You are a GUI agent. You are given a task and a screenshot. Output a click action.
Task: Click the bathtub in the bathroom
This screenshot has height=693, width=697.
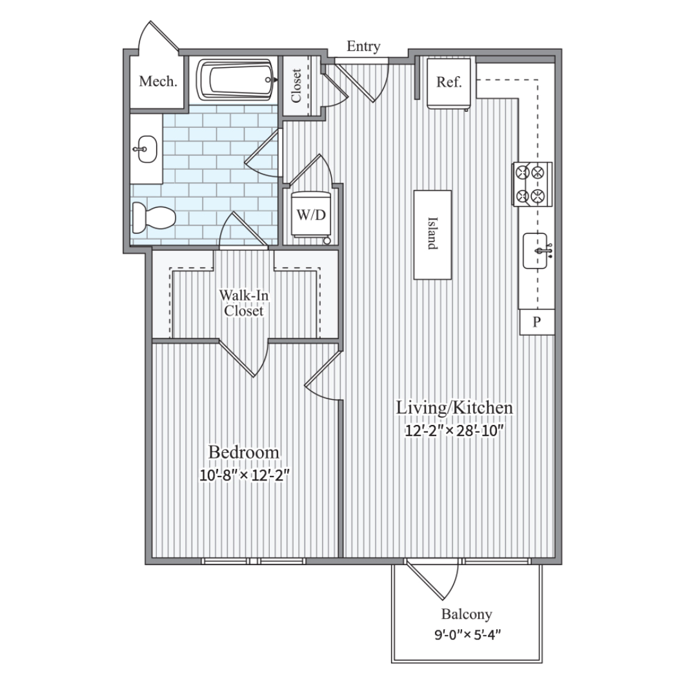tap(236, 80)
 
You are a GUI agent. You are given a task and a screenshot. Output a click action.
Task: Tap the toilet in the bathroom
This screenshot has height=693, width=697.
tap(154, 218)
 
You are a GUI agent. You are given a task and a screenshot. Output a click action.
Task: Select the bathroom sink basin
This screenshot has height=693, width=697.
tap(145, 149)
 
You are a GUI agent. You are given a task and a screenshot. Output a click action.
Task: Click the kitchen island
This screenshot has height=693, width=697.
tap(432, 235)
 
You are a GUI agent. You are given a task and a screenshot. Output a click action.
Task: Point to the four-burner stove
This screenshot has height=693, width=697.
tap(532, 184)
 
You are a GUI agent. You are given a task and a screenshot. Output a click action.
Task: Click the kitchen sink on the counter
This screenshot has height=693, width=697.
tap(537, 251)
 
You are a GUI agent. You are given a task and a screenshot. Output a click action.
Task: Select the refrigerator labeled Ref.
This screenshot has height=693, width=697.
tap(449, 83)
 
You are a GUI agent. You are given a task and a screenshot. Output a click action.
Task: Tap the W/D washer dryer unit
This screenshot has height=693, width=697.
tap(311, 214)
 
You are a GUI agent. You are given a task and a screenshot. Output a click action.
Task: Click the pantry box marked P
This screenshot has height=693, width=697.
tap(537, 322)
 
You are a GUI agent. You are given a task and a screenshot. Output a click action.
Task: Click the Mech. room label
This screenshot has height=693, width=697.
tap(158, 81)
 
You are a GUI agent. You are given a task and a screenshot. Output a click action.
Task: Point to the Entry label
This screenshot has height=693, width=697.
tap(363, 47)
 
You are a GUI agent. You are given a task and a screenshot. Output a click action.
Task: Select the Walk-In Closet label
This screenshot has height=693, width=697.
tap(243, 303)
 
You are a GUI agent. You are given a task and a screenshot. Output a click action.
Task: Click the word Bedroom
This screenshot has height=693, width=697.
tap(244, 452)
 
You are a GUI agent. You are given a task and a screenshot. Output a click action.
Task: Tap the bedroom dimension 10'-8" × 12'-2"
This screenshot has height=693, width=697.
tap(244, 475)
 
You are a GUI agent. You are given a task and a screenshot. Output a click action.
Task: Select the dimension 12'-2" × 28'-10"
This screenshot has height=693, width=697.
tap(454, 431)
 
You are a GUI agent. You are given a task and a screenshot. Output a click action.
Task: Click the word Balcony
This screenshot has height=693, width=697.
tap(467, 614)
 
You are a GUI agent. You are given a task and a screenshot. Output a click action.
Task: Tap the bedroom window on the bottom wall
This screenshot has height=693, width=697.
tap(254, 561)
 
